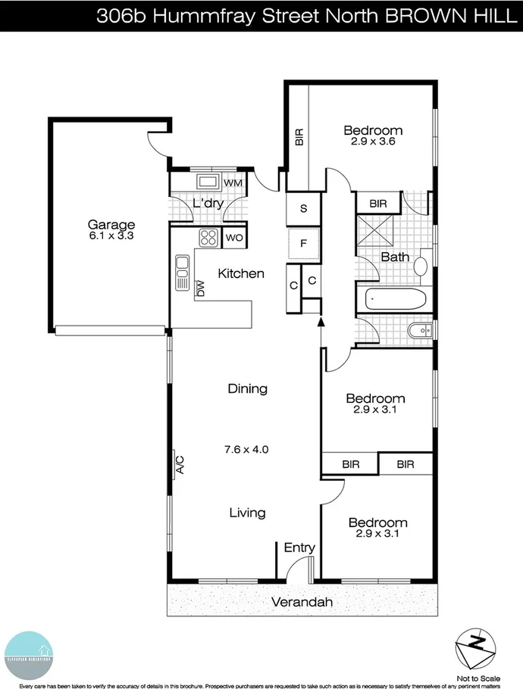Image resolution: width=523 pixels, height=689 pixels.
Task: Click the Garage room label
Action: point(111,224)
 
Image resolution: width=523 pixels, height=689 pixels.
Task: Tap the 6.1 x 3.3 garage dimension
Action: point(111,235)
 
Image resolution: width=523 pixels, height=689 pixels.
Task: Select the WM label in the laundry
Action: point(233,182)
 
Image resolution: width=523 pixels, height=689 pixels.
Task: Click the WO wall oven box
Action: point(233,238)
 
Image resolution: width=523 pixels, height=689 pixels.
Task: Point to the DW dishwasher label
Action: point(201,288)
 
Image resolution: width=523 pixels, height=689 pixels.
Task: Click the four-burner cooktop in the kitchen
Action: point(208,238)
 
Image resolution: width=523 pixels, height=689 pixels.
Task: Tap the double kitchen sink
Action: point(182,273)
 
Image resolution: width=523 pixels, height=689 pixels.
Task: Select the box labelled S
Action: point(303,209)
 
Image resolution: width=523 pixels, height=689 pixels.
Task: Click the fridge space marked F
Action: point(303,244)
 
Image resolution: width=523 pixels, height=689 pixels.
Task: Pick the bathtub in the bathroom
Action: point(395,300)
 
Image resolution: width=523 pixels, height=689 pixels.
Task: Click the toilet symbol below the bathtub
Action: point(419,330)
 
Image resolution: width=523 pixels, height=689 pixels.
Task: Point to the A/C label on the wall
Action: point(180,463)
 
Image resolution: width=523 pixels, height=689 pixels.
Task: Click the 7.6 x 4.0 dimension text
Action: point(247,449)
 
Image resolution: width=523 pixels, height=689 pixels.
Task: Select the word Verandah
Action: point(301,603)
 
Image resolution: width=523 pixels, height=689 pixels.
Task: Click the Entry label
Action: point(299,547)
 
